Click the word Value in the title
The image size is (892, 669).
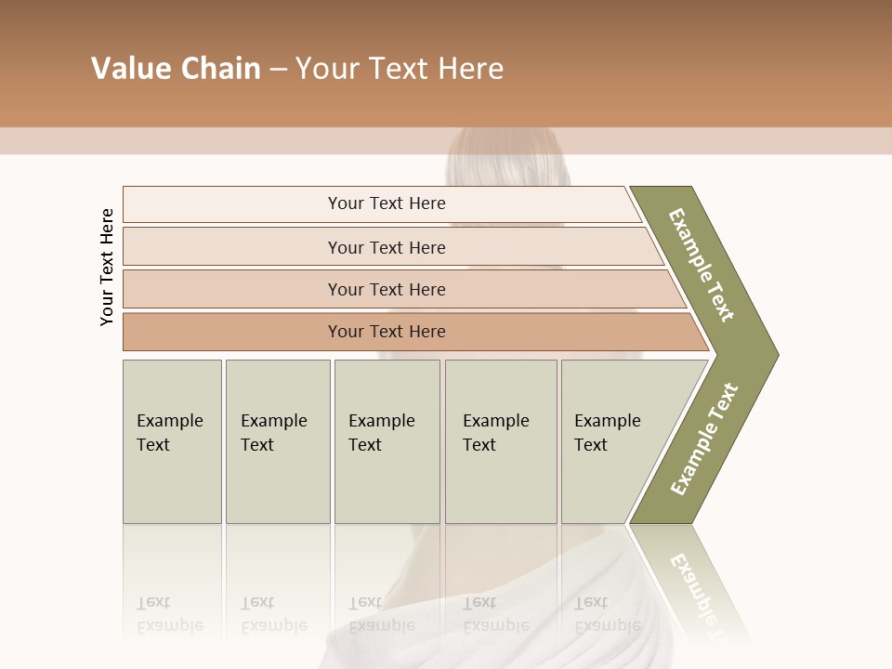coord(129,69)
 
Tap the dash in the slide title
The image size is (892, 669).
coord(278,70)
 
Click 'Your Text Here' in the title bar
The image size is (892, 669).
coord(400,69)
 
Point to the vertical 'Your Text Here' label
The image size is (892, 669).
coord(107,267)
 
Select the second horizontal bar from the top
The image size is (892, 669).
coord(386,247)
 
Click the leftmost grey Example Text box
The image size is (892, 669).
coord(172,441)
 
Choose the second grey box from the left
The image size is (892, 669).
coord(277,441)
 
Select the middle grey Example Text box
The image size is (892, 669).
coord(387,441)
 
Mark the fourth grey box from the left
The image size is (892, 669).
coord(501,441)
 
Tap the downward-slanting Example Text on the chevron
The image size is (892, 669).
coord(702,265)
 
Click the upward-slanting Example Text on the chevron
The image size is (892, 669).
coord(703,439)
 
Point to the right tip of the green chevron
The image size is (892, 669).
coord(776,354)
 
